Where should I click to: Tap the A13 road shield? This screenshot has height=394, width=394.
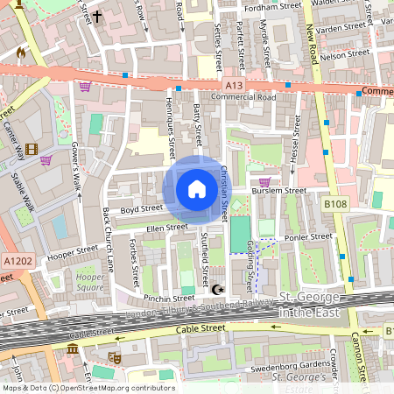[233, 85]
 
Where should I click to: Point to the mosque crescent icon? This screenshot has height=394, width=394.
[218, 289]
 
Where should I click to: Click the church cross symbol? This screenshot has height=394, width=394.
[97, 16]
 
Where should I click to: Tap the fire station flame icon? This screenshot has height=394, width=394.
[21, 53]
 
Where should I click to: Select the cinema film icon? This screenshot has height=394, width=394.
[32, 150]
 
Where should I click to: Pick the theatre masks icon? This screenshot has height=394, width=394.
[115, 357]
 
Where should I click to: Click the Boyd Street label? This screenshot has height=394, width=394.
[142, 209]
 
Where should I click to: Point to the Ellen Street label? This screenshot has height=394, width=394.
[166, 228]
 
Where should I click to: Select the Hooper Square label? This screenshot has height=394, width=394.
[90, 281]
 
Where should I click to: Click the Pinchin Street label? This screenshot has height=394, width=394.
[170, 299]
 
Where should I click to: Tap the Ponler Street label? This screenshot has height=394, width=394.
[309, 236]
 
